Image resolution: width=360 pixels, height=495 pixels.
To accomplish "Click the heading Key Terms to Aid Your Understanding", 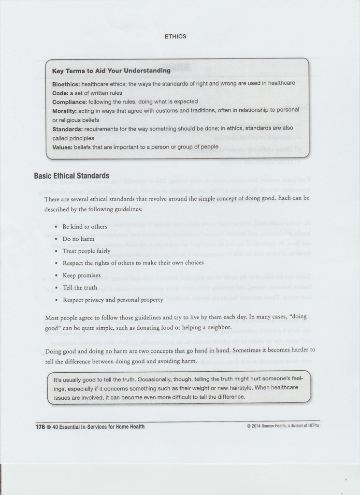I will coord(111,71).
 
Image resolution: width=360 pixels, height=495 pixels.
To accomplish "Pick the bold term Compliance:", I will coord(70,102).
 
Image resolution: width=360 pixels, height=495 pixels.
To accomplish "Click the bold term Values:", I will coord(63,147).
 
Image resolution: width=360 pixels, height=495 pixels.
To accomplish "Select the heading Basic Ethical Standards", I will coord(72,175).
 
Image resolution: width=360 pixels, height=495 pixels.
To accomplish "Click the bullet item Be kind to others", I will coord(85,227).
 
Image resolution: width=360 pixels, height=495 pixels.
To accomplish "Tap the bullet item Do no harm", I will coord(78,239).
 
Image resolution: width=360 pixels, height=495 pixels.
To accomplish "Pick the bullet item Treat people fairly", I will coord(86,251).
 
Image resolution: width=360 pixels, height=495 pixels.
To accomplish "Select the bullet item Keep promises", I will coord(82,276).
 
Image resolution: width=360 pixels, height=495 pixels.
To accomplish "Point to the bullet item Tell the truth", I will coord(80,288).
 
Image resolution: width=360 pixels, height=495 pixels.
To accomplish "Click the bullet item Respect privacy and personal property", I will coord(113,300).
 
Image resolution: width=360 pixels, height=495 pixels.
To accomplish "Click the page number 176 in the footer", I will coord(40,427).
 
